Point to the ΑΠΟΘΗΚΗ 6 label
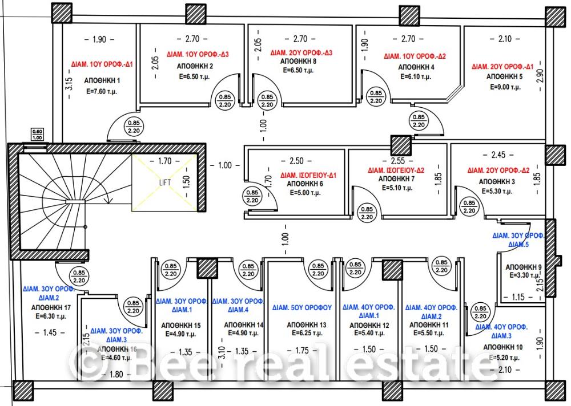[302, 184]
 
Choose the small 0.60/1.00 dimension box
[37, 135]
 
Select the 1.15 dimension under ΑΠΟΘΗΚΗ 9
[518, 297]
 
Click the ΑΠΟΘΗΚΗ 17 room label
[51, 307]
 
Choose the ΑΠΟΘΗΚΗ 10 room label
[502, 347]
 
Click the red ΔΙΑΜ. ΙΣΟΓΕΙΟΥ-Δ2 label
[397, 170]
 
